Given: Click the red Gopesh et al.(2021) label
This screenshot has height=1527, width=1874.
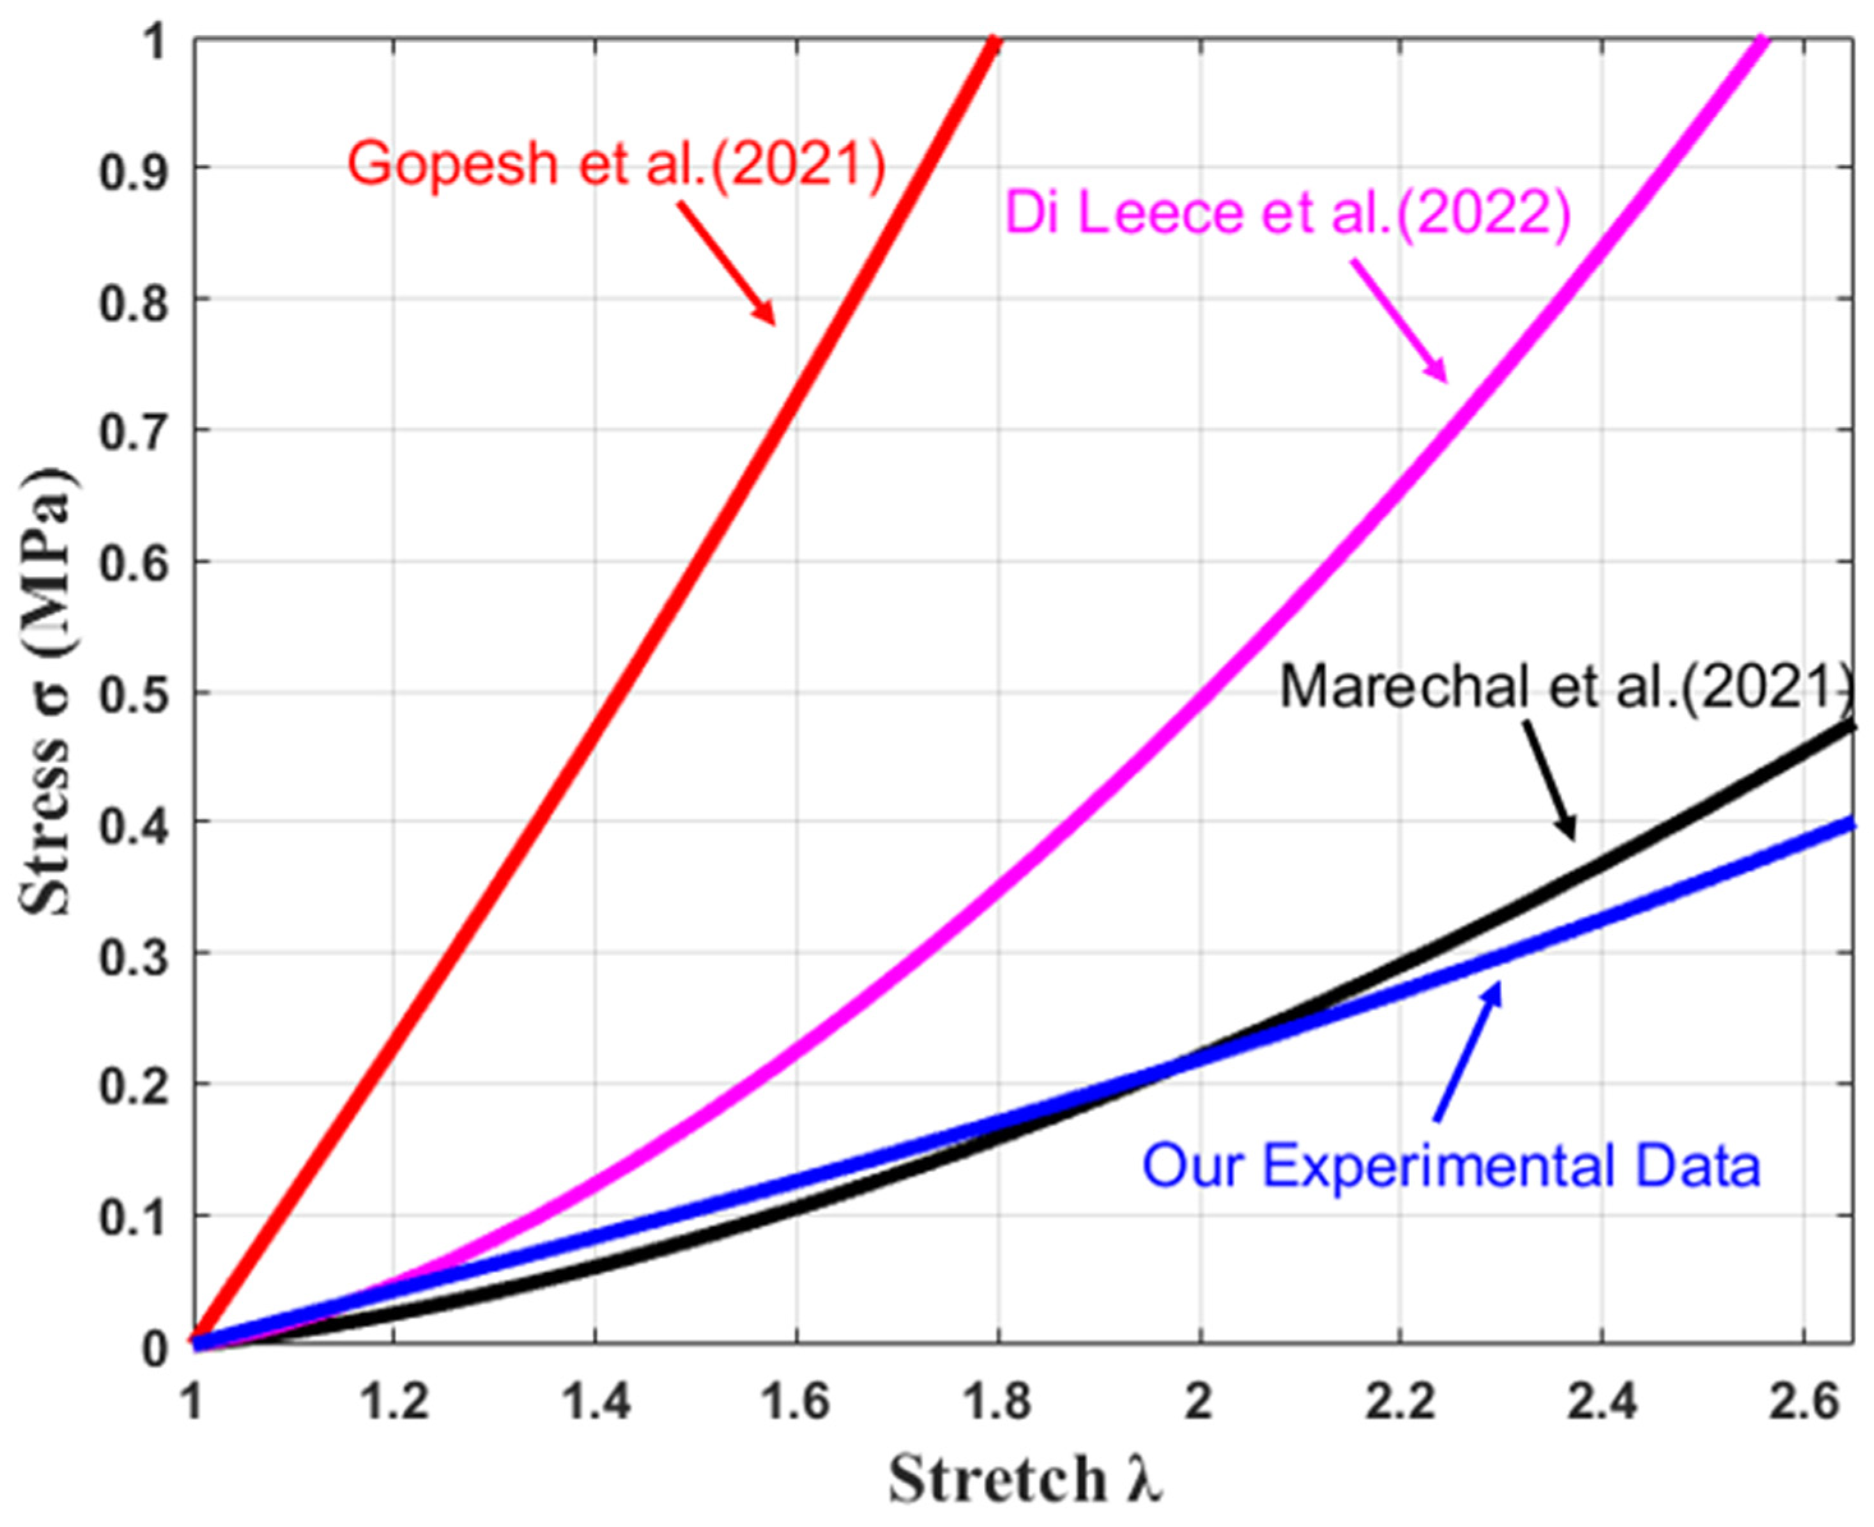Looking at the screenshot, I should (x=615, y=164).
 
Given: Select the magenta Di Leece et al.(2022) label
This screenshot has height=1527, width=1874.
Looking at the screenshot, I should (x=1287, y=213).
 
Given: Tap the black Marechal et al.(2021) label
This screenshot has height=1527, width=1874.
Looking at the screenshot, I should (x=1565, y=687).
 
